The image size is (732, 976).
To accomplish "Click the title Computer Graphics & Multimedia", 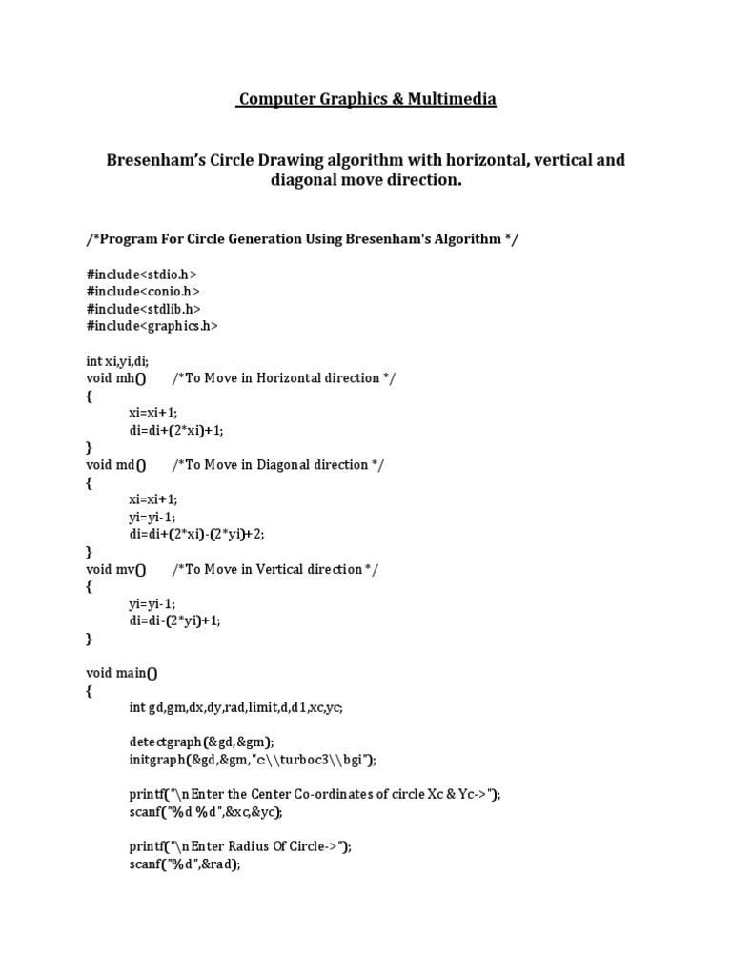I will pos(366,99).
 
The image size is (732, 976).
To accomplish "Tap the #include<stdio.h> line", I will pos(141,274).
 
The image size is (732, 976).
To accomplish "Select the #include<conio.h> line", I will pos(143,291).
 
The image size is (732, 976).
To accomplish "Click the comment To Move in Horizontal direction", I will pos(283,377).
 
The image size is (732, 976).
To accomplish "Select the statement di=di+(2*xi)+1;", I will pos(176,430).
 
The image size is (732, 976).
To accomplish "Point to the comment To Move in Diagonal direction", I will pos(278,464).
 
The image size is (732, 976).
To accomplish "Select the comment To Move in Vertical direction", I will pos(274,569).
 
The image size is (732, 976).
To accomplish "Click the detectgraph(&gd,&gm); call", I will pos(201,742).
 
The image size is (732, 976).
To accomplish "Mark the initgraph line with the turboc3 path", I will pos(253,760).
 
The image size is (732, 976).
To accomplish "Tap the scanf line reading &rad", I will pos(185,864).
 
